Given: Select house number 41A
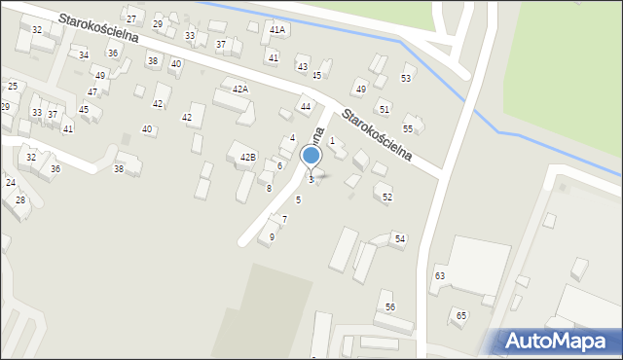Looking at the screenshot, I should [x=277, y=30].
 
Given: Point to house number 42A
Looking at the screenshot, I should [x=239, y=89].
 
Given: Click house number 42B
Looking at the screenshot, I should [x=248, y=157].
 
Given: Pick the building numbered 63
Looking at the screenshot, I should [x=440, y=276].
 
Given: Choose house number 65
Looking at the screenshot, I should [x=461, y=315].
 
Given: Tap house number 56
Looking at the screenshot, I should [x=390, y=306].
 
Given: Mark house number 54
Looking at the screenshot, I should [x=399, y=238].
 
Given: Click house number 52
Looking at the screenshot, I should [x=387, y=198].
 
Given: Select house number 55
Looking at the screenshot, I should [x=408, y=128].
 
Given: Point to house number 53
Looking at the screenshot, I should [x=406, y=78].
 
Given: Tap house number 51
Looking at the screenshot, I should [x=385, y=110].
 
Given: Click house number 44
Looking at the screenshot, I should [x=306, y=106].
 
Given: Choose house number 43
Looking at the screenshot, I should [x=303, y=67].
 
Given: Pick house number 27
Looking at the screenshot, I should [x=131, y=19].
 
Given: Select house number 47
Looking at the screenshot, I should [x=92, y=91].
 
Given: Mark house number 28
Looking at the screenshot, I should [x=19, y=199].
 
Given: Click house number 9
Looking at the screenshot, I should [x=272, y=236].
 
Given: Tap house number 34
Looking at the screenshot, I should [x=84, y=54].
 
